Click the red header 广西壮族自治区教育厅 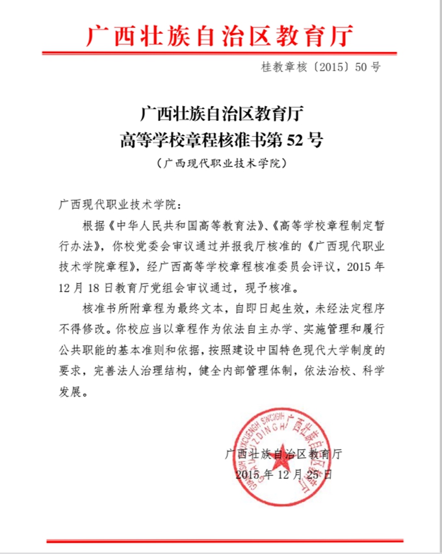221,36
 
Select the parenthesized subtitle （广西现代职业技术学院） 222,163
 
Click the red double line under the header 221,53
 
